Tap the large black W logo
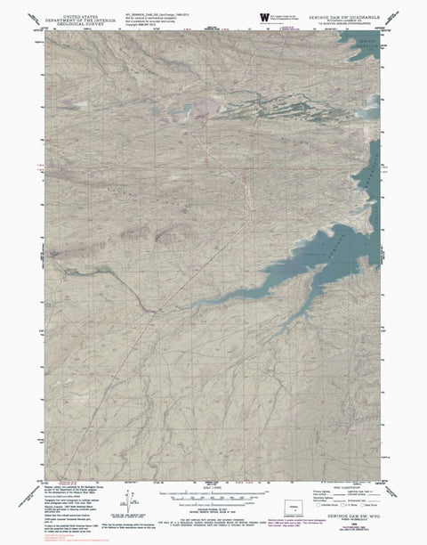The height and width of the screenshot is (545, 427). pyautogui.click(x=264, y=18)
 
